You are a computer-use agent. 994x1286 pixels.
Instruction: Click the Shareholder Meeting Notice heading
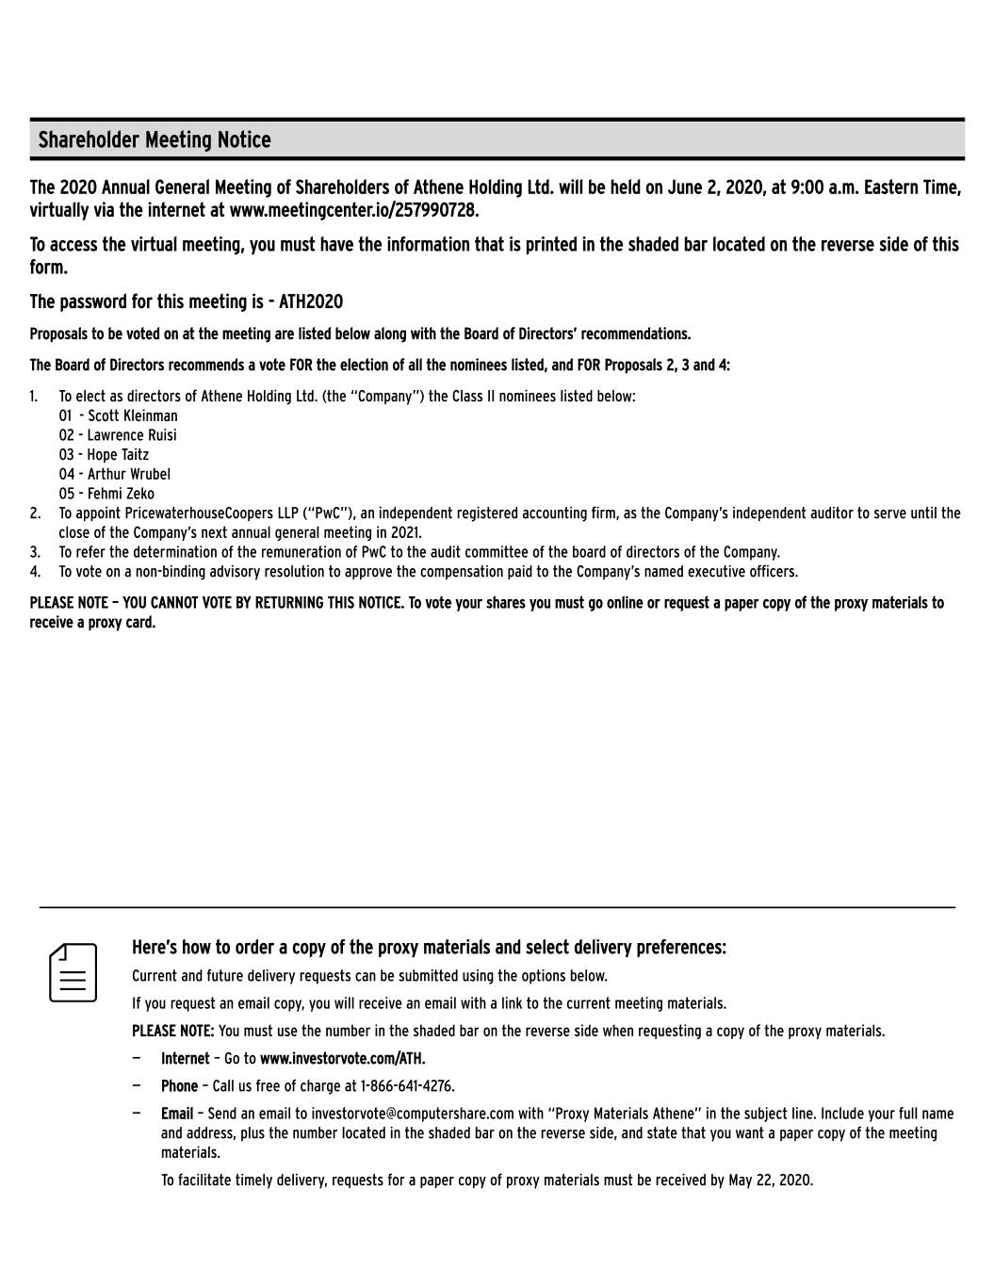[x=155, y=140]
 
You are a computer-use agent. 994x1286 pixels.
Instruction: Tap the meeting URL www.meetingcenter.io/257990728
[x=354, y=209]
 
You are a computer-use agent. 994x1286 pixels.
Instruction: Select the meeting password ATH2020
[x=311, y=301]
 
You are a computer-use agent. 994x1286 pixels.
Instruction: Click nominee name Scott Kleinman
[x=132, y=415]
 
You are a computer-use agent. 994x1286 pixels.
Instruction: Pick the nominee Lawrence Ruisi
[x=132, y=435]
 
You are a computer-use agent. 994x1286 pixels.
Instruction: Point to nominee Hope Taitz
[x=118, y=455]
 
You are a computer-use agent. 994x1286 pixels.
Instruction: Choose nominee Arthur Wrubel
[x=129, y=474]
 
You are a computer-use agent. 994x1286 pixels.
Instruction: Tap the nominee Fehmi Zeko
[x=121, y=494]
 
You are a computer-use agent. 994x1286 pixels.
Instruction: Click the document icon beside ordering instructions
[x=73, y=971]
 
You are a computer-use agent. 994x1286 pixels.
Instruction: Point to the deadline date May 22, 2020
[x=770, y=1180]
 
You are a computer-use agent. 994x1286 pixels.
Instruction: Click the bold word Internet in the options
[x=185, y=1059]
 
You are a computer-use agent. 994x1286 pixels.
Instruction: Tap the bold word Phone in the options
[x=179, y=1086]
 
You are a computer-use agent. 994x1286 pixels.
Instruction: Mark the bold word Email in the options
[x=177, y=1114]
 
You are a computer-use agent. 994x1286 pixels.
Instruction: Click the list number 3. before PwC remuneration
[x=35, y=552]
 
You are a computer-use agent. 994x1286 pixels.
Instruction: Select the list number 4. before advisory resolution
[x=35, y=572]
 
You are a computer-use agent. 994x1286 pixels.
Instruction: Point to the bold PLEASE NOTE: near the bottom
[x=172, y=1031]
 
